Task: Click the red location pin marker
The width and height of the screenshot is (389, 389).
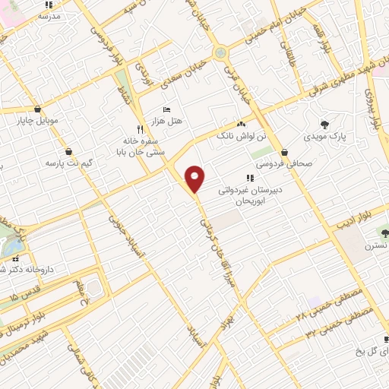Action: pyautogui.click(x=195, y=179)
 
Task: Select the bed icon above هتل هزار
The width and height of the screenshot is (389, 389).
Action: pyautogui.click(x=167, y=109)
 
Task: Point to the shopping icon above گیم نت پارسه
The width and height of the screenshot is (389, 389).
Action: pyautogui.click(x=69, y=150)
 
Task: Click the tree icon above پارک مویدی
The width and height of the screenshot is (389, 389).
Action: pyautogui.click(x=325, y=124)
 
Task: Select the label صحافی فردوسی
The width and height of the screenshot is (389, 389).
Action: pyautogui.click(x=280, y=163)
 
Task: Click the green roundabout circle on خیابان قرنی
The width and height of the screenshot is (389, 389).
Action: pyautogui.click(x=220, y=52)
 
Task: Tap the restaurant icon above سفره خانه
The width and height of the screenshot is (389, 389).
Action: pyautogui.click(x=139, y=129)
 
